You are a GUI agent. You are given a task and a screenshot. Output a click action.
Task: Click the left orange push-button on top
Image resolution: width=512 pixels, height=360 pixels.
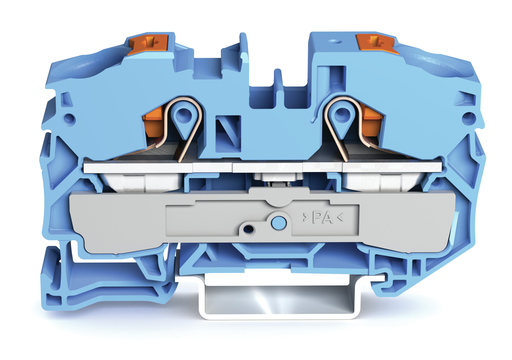(x=149, y=44)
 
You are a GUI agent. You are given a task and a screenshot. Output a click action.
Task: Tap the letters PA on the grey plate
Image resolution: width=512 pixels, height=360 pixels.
(x=322, y=218)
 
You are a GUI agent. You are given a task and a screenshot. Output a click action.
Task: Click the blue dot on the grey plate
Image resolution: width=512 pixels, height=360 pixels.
(x=278, y=222)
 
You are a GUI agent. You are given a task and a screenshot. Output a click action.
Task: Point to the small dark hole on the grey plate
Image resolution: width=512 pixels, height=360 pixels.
(x=249, y=229)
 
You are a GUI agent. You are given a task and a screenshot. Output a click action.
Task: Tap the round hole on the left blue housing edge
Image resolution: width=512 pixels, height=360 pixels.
(x=69, y=118)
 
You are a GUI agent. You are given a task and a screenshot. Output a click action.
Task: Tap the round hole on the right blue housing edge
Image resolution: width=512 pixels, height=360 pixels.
(x=469, y=117)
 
